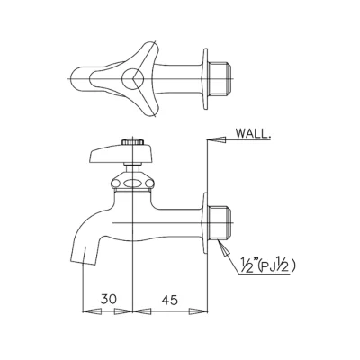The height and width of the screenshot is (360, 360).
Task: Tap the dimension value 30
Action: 107,296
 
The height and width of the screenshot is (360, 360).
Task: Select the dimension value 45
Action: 168,296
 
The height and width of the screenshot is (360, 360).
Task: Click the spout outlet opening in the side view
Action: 84,259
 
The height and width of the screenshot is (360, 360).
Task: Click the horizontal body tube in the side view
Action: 175,220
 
